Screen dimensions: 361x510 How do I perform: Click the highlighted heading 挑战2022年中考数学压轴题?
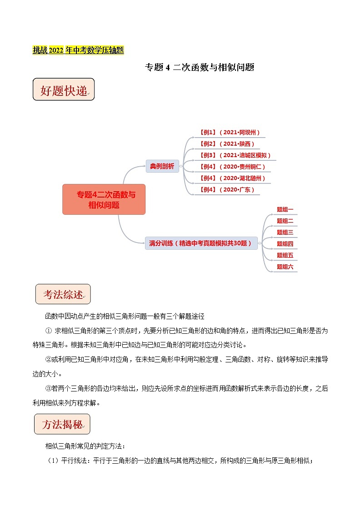(x=78, y=50)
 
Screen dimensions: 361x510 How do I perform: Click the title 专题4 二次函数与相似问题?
(x=199, y=68)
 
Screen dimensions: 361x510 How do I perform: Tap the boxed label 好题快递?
(x=63, y=90)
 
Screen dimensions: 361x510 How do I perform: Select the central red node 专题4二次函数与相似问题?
(x=104, y=199)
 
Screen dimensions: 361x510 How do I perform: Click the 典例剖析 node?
(x=162, y=166)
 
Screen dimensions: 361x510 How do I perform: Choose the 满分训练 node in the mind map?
(x=201, y=243)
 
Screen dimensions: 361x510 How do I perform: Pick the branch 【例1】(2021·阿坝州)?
(x=230, y=133)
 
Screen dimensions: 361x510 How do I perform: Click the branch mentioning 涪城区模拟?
(x=236, y=155)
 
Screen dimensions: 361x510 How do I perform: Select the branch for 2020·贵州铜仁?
(x=232, y=167)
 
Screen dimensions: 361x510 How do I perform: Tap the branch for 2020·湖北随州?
(x=232, y=178)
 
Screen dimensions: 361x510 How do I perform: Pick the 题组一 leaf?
(x=285, y=210)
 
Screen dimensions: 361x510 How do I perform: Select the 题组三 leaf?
(x=285, y=233)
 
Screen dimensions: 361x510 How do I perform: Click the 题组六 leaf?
(x=285, y=267)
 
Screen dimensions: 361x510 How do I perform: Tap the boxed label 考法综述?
(x=63, y=295)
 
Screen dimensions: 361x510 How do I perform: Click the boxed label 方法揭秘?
(x=62, y=425)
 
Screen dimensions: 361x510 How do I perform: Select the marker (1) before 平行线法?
(x=54, y=460)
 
